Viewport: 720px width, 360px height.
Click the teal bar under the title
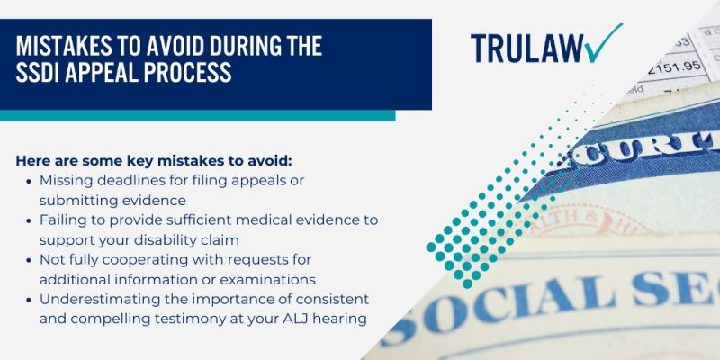coord(197,115)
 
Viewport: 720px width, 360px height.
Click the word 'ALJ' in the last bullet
coord(271,319)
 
